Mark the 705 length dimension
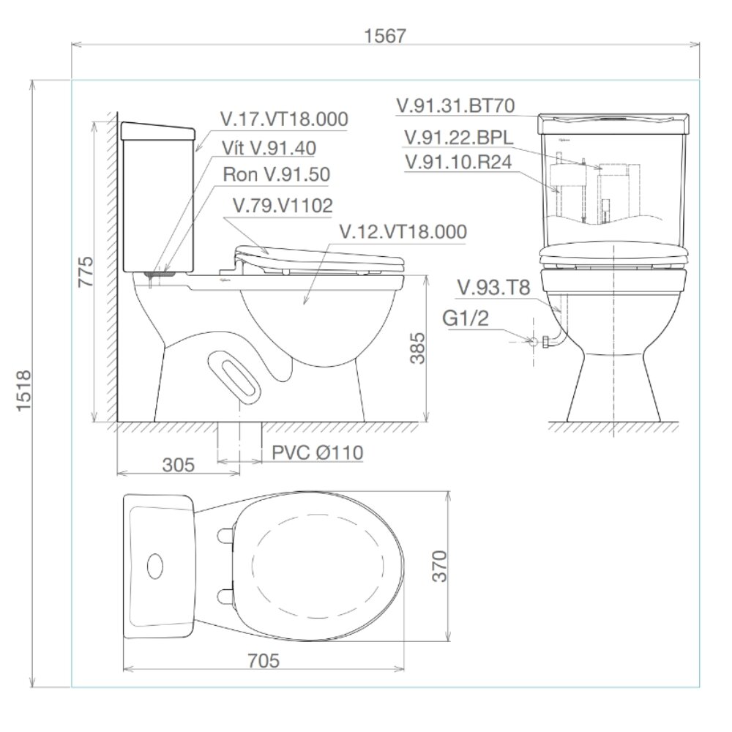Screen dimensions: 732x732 [x=264, y=660]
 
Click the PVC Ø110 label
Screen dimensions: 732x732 [x=317, y=453]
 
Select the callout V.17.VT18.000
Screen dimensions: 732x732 [x=284, y=120]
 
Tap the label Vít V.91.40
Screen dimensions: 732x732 [x=269, y=148]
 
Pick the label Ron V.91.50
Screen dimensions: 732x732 [x=277, y=176]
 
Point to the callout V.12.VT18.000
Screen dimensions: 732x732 [x=403, y=232]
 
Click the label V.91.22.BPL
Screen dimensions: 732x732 [x=457, y=138]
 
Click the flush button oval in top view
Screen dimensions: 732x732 [x=156, y=565]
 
